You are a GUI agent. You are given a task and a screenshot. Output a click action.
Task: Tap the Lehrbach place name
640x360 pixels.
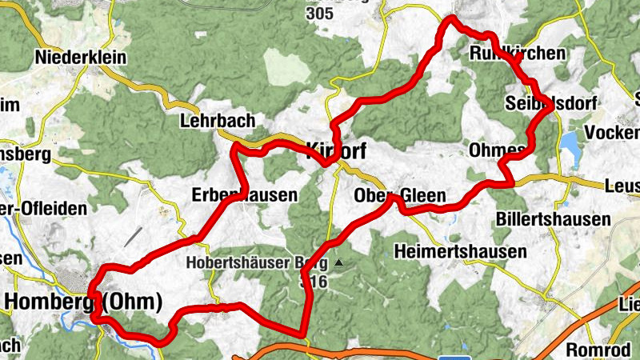point(218,121)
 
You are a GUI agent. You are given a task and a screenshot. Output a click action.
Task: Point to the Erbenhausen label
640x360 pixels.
point(245,194)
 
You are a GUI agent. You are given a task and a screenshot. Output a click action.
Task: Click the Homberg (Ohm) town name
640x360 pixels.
point(83,302)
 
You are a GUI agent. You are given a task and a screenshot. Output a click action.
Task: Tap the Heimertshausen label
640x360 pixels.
point(461,251)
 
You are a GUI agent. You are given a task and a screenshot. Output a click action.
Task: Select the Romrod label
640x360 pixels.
point(594,350)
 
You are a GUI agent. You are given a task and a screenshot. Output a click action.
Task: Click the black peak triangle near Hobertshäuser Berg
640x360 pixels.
point(339,262)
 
